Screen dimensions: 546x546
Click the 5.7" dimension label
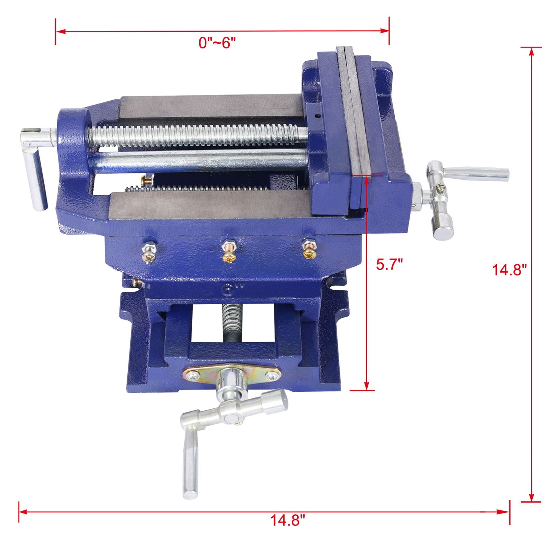point(390,264)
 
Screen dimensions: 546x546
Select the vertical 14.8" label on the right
point(509,270)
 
